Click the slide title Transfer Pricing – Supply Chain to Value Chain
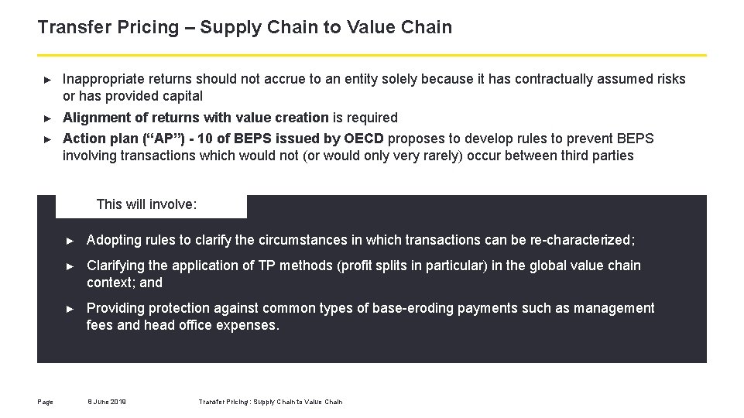point(245,27)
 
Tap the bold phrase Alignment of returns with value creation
point(195,118)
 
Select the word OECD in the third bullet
point(365,139)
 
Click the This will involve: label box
point(151,205)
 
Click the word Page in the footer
point(45,402)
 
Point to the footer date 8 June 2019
point(107,402)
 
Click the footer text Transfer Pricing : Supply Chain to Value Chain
point(270,402)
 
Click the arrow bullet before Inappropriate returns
point(48,80)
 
